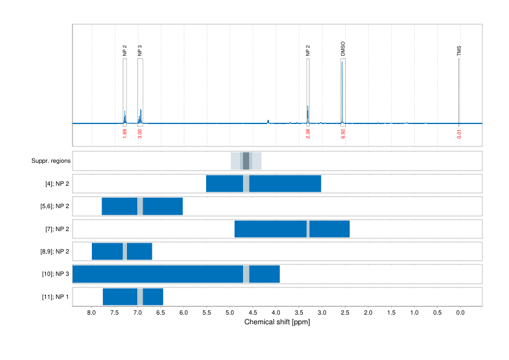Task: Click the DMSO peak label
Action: [343, 49]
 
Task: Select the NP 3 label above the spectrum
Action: [140, 50]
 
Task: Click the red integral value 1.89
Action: [125, 133]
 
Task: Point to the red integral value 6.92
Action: [343, 133]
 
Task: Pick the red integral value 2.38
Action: [308, 133]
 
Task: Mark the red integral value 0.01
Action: [459, 133]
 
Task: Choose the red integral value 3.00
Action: [140, 133]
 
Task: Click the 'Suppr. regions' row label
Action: [51, 161]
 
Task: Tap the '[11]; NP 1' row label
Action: [56, 297]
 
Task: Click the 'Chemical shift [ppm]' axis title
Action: [277, 322]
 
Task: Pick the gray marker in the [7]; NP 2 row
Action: [308, 229]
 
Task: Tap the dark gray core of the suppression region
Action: [246, 161]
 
